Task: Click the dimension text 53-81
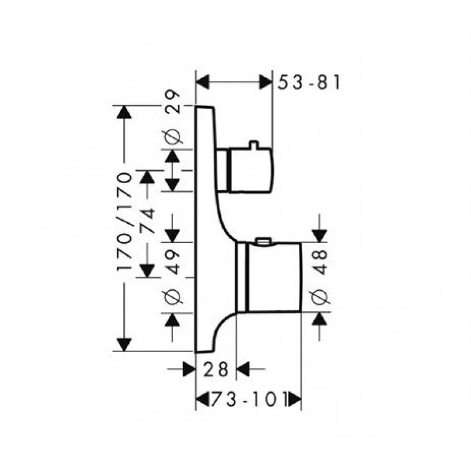coord(309,82)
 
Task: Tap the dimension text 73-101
coord(248,399)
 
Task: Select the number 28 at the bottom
coord(216,369)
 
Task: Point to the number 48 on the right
coord(321,262)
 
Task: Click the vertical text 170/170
coord(124,222)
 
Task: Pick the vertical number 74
coord(147,220)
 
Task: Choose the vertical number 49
coord(173,262)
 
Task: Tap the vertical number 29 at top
coord(173,102)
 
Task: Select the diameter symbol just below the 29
coord(173,137)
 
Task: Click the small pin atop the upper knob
coord(254,144)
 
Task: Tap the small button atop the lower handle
coord(263,241)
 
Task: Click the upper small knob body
coord(251,170)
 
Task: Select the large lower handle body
coord(273,277)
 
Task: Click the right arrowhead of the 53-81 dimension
coord(266,82)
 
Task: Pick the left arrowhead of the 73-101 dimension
coord(203,400)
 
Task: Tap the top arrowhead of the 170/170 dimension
coord(124,112)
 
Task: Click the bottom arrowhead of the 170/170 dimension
coord(124,344)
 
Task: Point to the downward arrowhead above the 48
coord(319,235)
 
